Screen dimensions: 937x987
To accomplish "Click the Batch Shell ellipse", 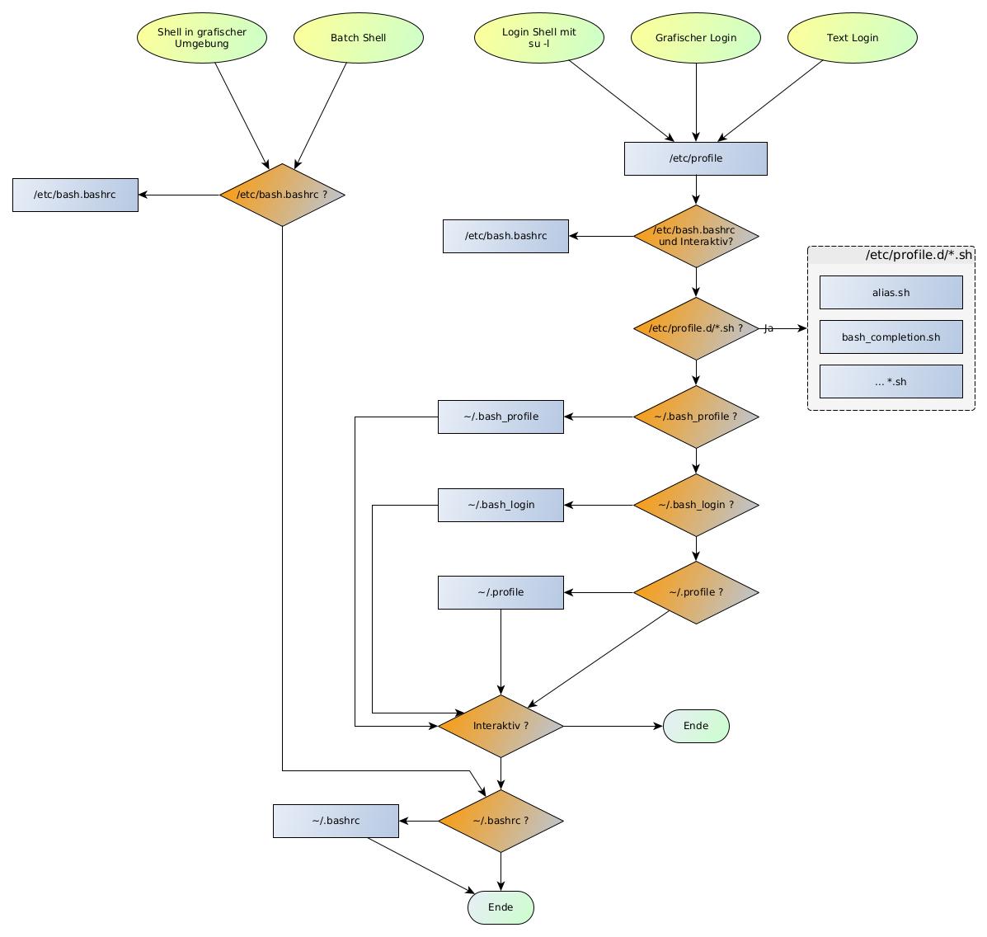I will pyautogui.click(x=358, y=37).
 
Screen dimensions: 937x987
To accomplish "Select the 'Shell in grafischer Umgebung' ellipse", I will pyautogui.click(x=202, y=37).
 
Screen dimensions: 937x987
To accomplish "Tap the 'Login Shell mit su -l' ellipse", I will pyautogui.click(x=539, y=37).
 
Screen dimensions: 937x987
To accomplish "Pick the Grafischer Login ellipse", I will pyautogui.click(x=696, y=37).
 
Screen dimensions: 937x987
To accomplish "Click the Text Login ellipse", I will pyautogui.click(x=853, y=37).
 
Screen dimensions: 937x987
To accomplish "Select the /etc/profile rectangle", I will pyautogui.click(x=696, y=158).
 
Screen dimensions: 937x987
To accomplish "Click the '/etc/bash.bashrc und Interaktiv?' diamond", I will pyautogui.click(x=696, y=236).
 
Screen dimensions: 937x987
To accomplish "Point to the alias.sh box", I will pyautogui.click(x=891, y=292).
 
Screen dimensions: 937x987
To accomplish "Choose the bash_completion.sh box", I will pyautogui.click(x=891, y=337).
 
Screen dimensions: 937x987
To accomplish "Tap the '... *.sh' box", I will pyautogui.click(x=891, y=381).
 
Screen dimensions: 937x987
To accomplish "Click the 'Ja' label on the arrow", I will pyautogui.click(x=768, y=328).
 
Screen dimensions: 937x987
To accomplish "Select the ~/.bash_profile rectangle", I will pyautogui.click(x=501, y=417).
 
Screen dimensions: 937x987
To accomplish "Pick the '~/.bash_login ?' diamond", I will pyautogui.click(x=696, y=505).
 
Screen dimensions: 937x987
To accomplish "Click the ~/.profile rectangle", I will pyautogui.click(x=501, y=592).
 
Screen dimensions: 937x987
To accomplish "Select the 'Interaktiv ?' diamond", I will pyautogui.click(x=501, y=726).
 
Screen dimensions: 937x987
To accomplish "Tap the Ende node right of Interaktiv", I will pyautogui.click(x=696, y=726).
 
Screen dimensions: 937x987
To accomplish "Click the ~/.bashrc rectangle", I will pyautogui.click(x=336, y=821).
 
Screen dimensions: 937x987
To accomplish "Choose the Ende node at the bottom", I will pyautogui.click(x=501, y=907).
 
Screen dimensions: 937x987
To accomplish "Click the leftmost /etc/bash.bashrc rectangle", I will pyautogui.click(x=75, y=195).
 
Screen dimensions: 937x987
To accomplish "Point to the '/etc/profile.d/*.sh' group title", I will pyautogui.click(x=919, y=255).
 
